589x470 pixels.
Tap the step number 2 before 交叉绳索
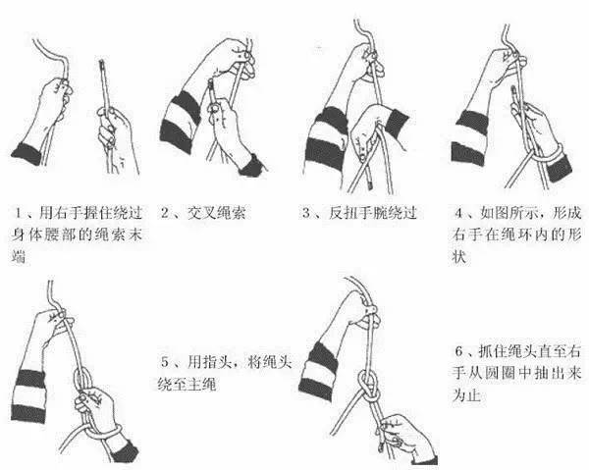pyautogui.click(x=165, y=213)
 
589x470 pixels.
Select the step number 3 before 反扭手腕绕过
pyautogui.click(x=306, y=213)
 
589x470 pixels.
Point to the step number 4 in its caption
pyautogui.click(x=458, y=213)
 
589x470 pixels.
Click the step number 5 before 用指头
pyautogui.click(x=165, y=362)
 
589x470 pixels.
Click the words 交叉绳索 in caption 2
pyautogui.click(x=216, y=213)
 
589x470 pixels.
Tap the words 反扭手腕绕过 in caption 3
pyautogui.click(x=373, y=213)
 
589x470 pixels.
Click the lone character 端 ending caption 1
pyautogui.click(x=18, y=256)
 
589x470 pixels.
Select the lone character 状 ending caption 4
pyautogui.click(x=459, y=257)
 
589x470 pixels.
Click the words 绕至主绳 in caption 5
pyautogui.click(x=187, y=384)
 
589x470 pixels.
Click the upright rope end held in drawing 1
pyautogui.click(x=105, y=86)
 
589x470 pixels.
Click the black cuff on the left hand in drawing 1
pyautogui.click(x=27, y=153)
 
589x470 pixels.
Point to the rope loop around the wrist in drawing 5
pyautogui.click(x=101, y=432)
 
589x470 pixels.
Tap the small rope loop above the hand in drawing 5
pyautogui.click(x=82, y=380)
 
